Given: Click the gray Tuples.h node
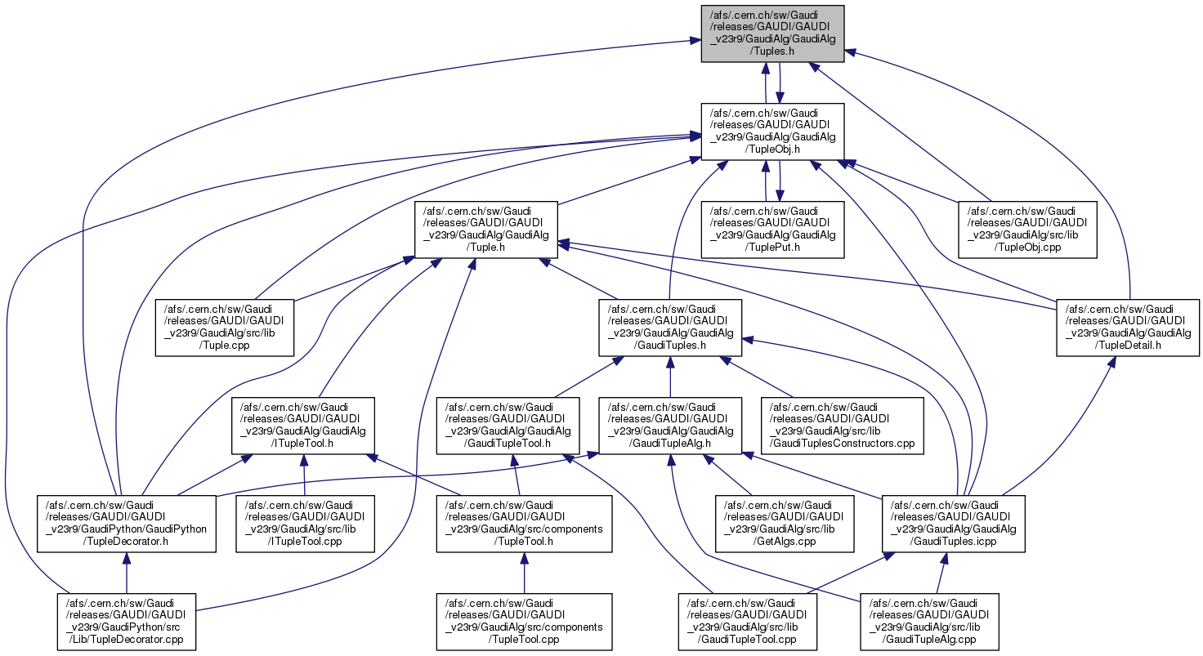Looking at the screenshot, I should click(772, 33).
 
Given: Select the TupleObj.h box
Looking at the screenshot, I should click(772, 132).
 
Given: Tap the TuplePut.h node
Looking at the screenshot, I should click(772, 230).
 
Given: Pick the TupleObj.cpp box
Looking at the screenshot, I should click(1026, 230).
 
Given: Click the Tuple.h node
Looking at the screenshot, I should click(486, 230).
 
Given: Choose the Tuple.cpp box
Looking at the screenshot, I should click(225, 328).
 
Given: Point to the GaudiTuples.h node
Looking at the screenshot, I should click(670, 328).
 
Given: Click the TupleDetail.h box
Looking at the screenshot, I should click(1128, 328).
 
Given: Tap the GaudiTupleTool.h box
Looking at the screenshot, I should click(508, 426).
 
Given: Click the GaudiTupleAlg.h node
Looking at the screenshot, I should click(670, 426).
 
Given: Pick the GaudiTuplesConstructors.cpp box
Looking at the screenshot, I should click(842, 426).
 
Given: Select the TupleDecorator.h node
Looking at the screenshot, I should click(126, 524).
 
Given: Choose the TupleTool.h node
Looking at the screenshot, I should click(524, 524).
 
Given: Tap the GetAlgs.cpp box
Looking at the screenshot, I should click(784, 524).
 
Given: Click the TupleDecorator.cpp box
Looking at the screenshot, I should click(126, 622).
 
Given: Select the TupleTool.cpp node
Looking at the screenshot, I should click(524, 622).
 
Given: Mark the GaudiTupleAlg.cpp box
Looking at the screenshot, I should click(929, 622).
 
